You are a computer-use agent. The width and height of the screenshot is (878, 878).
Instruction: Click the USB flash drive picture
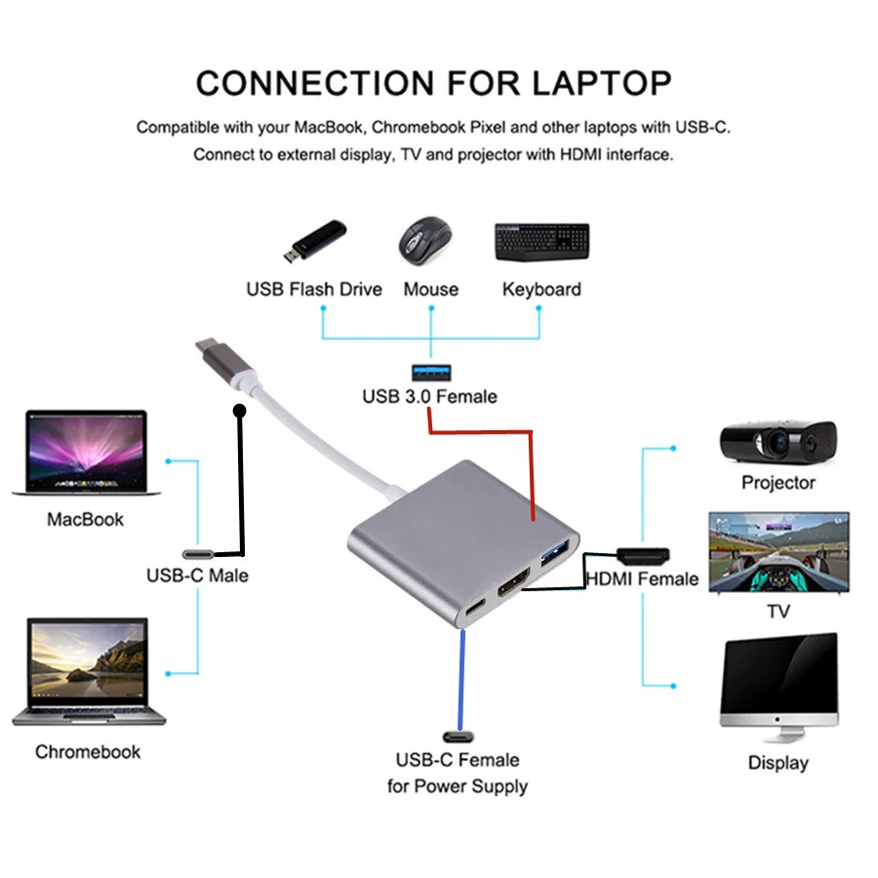coord(314,242)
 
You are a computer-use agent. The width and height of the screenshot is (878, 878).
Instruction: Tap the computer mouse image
coord(425,238)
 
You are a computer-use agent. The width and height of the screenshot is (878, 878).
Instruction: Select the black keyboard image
coord(541,241)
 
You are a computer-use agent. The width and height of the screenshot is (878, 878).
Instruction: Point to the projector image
coord(778,441)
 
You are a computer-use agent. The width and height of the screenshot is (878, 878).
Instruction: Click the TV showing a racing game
coord(778,552)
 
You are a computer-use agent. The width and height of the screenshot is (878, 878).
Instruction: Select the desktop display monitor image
coord(778,688)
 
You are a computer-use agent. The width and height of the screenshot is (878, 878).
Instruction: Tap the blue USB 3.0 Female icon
coord(429,370)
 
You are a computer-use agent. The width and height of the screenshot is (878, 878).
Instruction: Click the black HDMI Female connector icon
coord(643,555)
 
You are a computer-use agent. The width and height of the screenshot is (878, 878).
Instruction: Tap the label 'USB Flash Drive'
coord(314,290)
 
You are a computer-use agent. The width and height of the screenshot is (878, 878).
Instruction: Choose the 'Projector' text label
coord(778,483)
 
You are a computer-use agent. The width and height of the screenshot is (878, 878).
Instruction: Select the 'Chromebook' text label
coord(88,752)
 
